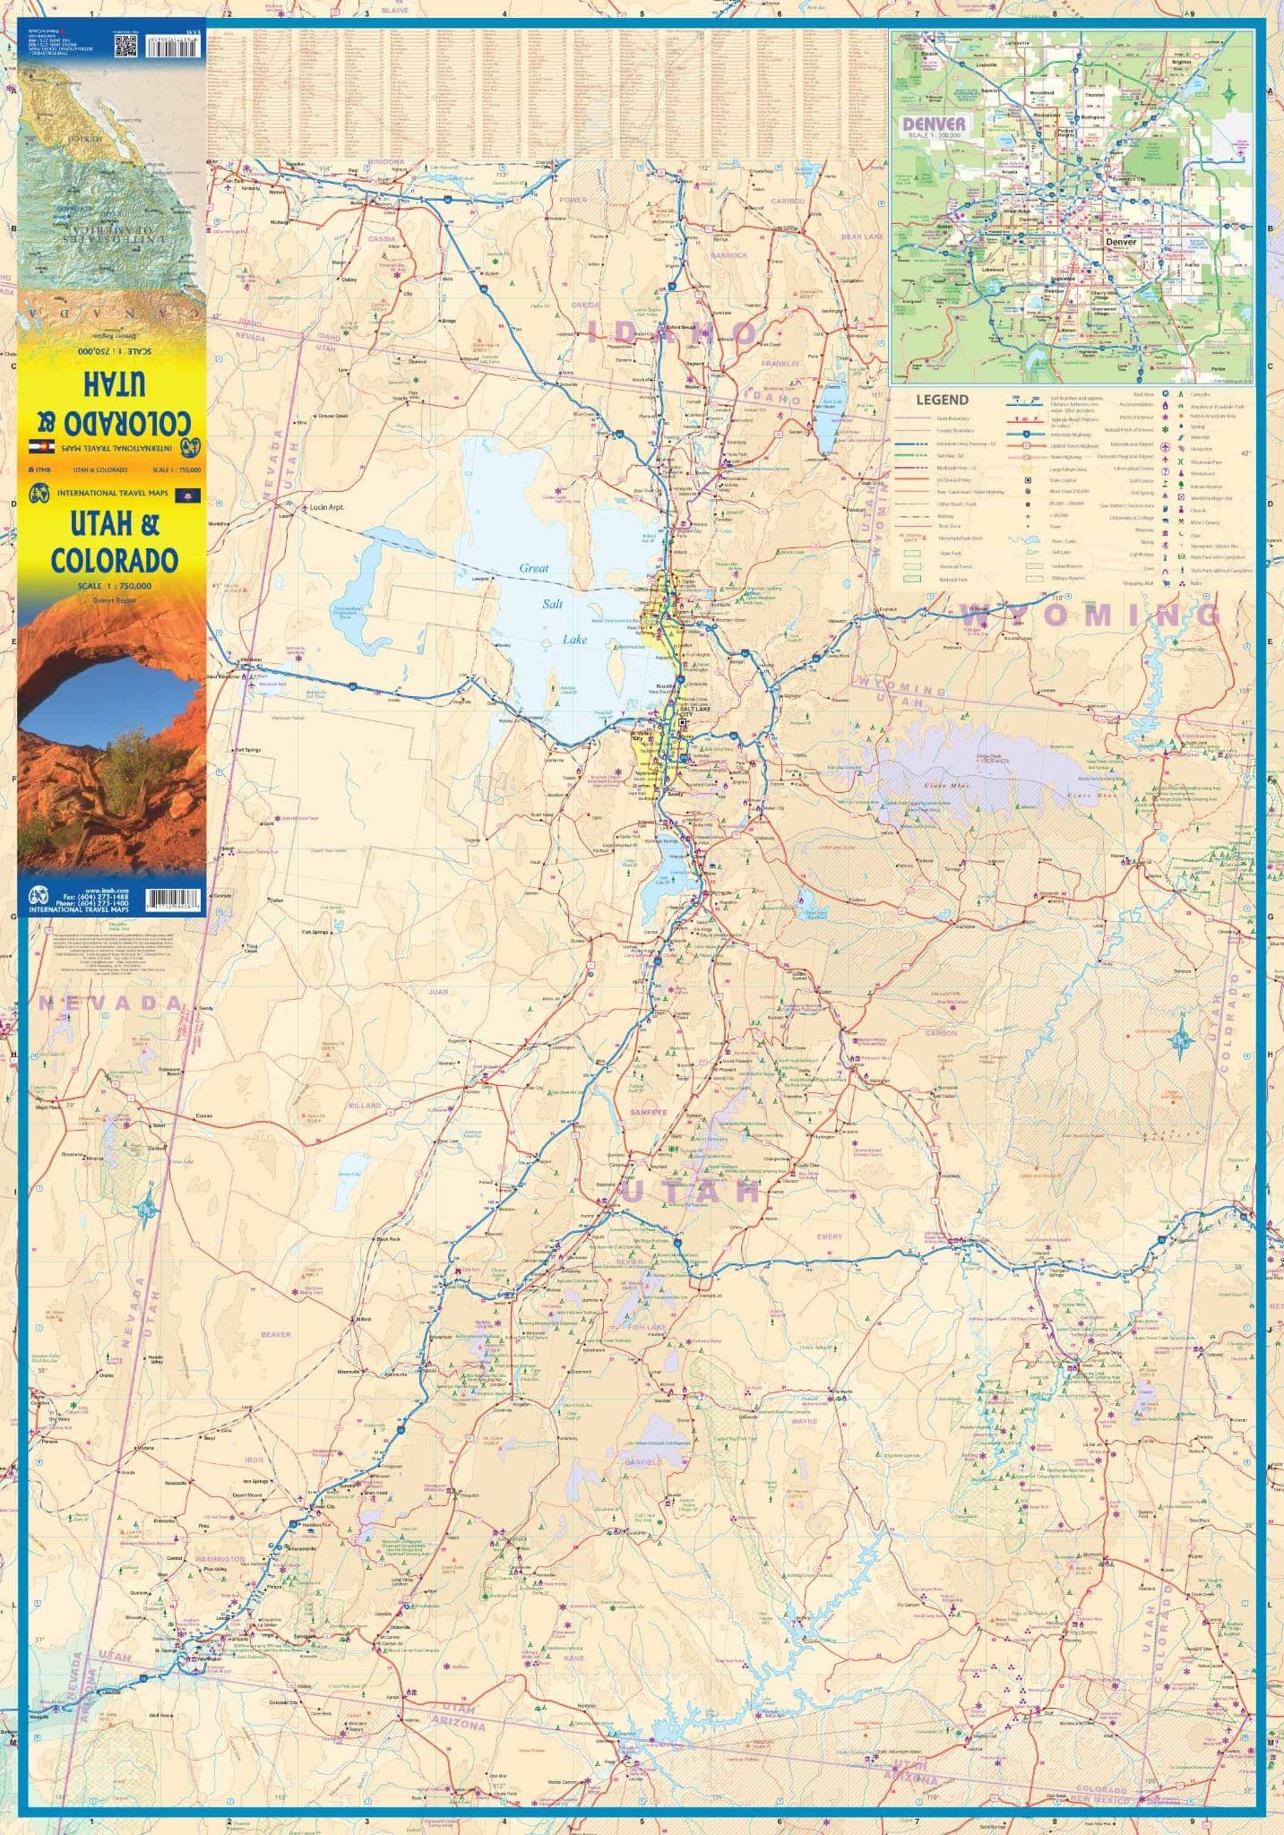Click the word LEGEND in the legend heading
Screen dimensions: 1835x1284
point(942,400)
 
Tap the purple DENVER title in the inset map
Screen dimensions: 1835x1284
point(934,124)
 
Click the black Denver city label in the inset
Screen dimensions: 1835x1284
point(1121,242)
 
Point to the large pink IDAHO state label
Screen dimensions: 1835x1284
point(672,333)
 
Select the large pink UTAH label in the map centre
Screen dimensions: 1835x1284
point(689,1192)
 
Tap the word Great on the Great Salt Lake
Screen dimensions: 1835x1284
point(533,568)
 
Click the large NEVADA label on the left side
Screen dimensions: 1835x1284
point(110,1003)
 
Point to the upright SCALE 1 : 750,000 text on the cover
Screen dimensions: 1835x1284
point(114,585)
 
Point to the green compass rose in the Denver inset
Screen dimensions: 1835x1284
point(1228,93)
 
